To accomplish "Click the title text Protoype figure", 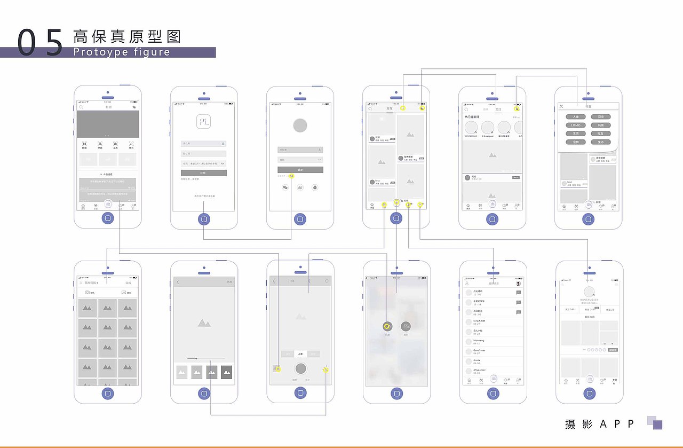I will coord(122,52).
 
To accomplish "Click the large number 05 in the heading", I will coord(40,43).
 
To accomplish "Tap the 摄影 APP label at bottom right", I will coord(600,424).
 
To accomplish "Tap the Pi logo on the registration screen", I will coord(203,121).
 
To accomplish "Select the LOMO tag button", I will coord(576,125).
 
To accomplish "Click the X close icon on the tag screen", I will coord(561,107).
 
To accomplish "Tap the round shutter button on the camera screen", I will coord(300,368).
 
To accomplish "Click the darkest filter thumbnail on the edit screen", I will coord(227,372).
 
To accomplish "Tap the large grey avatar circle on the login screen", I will coord(300,125).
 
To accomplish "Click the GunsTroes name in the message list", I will coord(479,350).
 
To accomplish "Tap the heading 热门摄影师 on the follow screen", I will coord(475,116).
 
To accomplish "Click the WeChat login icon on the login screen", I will coord(285,187).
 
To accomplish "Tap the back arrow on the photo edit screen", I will coord(178,282).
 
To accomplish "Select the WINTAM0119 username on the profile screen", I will coord(589,300).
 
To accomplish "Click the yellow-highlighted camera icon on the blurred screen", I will coord(387,326).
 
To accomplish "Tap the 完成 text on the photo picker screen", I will coord(128,283).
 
